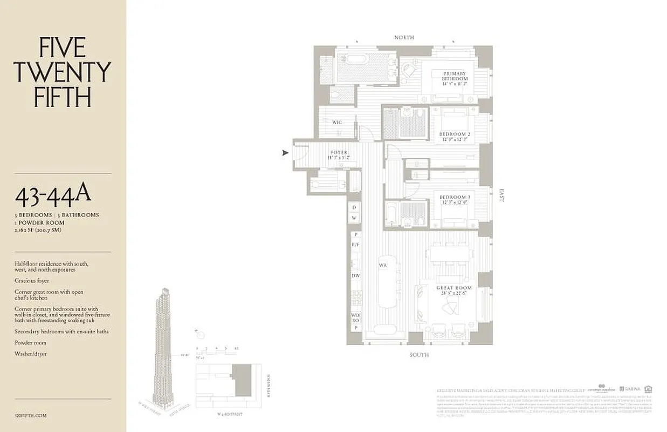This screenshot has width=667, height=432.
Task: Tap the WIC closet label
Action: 337,123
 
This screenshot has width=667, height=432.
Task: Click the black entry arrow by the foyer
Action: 285,153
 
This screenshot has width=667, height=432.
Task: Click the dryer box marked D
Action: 354,207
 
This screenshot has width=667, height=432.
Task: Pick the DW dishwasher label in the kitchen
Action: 355,275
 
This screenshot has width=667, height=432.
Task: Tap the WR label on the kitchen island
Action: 382,266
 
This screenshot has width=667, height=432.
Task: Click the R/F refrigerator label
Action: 355,245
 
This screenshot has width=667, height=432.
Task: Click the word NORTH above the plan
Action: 404,37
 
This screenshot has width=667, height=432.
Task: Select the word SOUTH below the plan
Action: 418,355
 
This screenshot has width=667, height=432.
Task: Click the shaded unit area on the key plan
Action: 242,380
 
